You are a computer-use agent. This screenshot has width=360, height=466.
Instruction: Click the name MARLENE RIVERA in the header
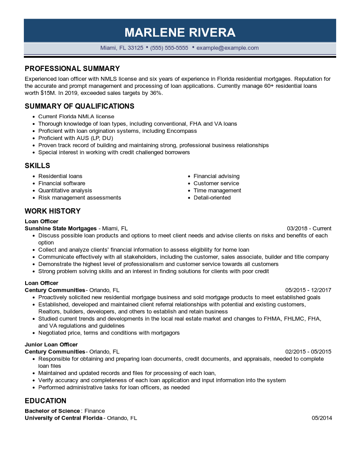[x=180, y=32]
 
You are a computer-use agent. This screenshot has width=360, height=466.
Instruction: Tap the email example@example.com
[x=228, y=48]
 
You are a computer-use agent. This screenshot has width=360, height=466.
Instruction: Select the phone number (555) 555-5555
[x=169, y=48]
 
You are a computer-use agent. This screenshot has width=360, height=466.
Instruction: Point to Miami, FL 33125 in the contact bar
[x=122, y=48]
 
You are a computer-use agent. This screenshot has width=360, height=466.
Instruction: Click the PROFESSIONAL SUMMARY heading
[x=72, y=68]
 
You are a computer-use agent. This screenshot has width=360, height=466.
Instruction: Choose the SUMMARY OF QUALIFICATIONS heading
[x=79, y=106]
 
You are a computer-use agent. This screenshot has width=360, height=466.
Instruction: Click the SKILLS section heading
[x=37, y=165]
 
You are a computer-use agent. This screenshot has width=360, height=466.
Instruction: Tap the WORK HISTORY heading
[x=52, y=211]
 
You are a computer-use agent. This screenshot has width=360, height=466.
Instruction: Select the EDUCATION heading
[x=45, y=401]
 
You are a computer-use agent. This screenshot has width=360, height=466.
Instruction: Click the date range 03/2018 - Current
[x=309, y=229]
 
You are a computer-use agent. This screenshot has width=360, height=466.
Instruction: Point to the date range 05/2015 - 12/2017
[x=308, y=290]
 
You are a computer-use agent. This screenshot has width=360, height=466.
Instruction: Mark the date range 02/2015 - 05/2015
[x=308, y=352]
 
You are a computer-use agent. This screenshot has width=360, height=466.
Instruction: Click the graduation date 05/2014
[x=322, y=418]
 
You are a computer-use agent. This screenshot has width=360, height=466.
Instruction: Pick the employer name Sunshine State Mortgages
[x=60, y=229]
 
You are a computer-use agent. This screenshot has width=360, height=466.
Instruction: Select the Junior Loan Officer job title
[x=51, y=345]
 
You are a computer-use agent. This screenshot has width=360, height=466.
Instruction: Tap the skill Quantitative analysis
[x=65, y=191]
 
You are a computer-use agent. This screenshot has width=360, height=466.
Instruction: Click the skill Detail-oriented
[x=212, y=198]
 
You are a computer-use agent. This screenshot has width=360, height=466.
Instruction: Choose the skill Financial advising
[x=217, y=176]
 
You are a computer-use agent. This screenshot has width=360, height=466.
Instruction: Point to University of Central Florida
[x=64, y=418]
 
